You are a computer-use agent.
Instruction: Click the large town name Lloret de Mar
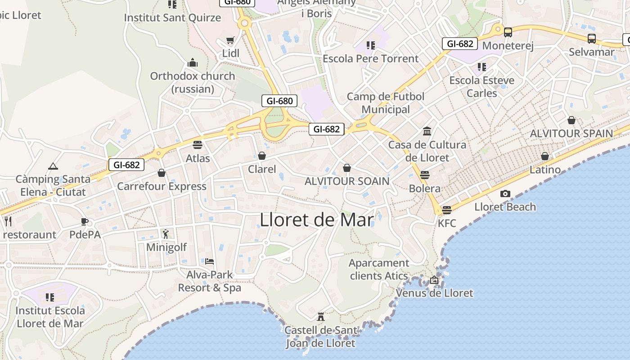pyautogui.click(x=317, y=220)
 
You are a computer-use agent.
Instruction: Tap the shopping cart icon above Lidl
pyautogui.click(x=230, y=40)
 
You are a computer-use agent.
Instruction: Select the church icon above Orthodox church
pyautogui.click(x=193, y=63)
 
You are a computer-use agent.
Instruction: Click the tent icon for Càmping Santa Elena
pyautogui.click(x=53, y=166)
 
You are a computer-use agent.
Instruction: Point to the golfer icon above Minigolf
pyautogui.click(x=166, y=234)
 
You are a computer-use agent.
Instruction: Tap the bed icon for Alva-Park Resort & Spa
pyautogui.click(x=209, y=261)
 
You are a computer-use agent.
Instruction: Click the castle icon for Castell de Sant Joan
pyautogui.click(x=321, y=317)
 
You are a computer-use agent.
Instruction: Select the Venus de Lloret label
pyautogui.click(x=435, y=293)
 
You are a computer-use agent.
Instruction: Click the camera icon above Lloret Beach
pyautogui.click(x=505, y=194)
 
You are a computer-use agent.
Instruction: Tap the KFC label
pyautogui.click(x=447, y=223)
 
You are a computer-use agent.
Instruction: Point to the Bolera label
pyautogui.click(x=425, y=188)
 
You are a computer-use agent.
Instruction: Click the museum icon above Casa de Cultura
pyautogui.click(x=427, y=131)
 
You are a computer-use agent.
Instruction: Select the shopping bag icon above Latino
pyautogui.click(x=545, y=156)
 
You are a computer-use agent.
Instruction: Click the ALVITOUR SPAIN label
pyautogui.click(x=571, y=133)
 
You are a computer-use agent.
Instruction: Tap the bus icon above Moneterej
pyautogui.click(x=508, y=32)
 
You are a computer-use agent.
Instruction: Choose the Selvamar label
pyautogui.click(x=591, y=52)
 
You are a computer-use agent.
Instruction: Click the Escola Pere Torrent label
pyautogui.click(x=371, y=58)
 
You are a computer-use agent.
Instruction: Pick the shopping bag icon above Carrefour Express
pyautogui.click(x=162, y=173)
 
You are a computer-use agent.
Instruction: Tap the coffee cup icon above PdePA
pyautogui.click(x=84, y=221)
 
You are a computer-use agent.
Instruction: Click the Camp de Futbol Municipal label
pyautogui.click(x=386, y=103)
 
